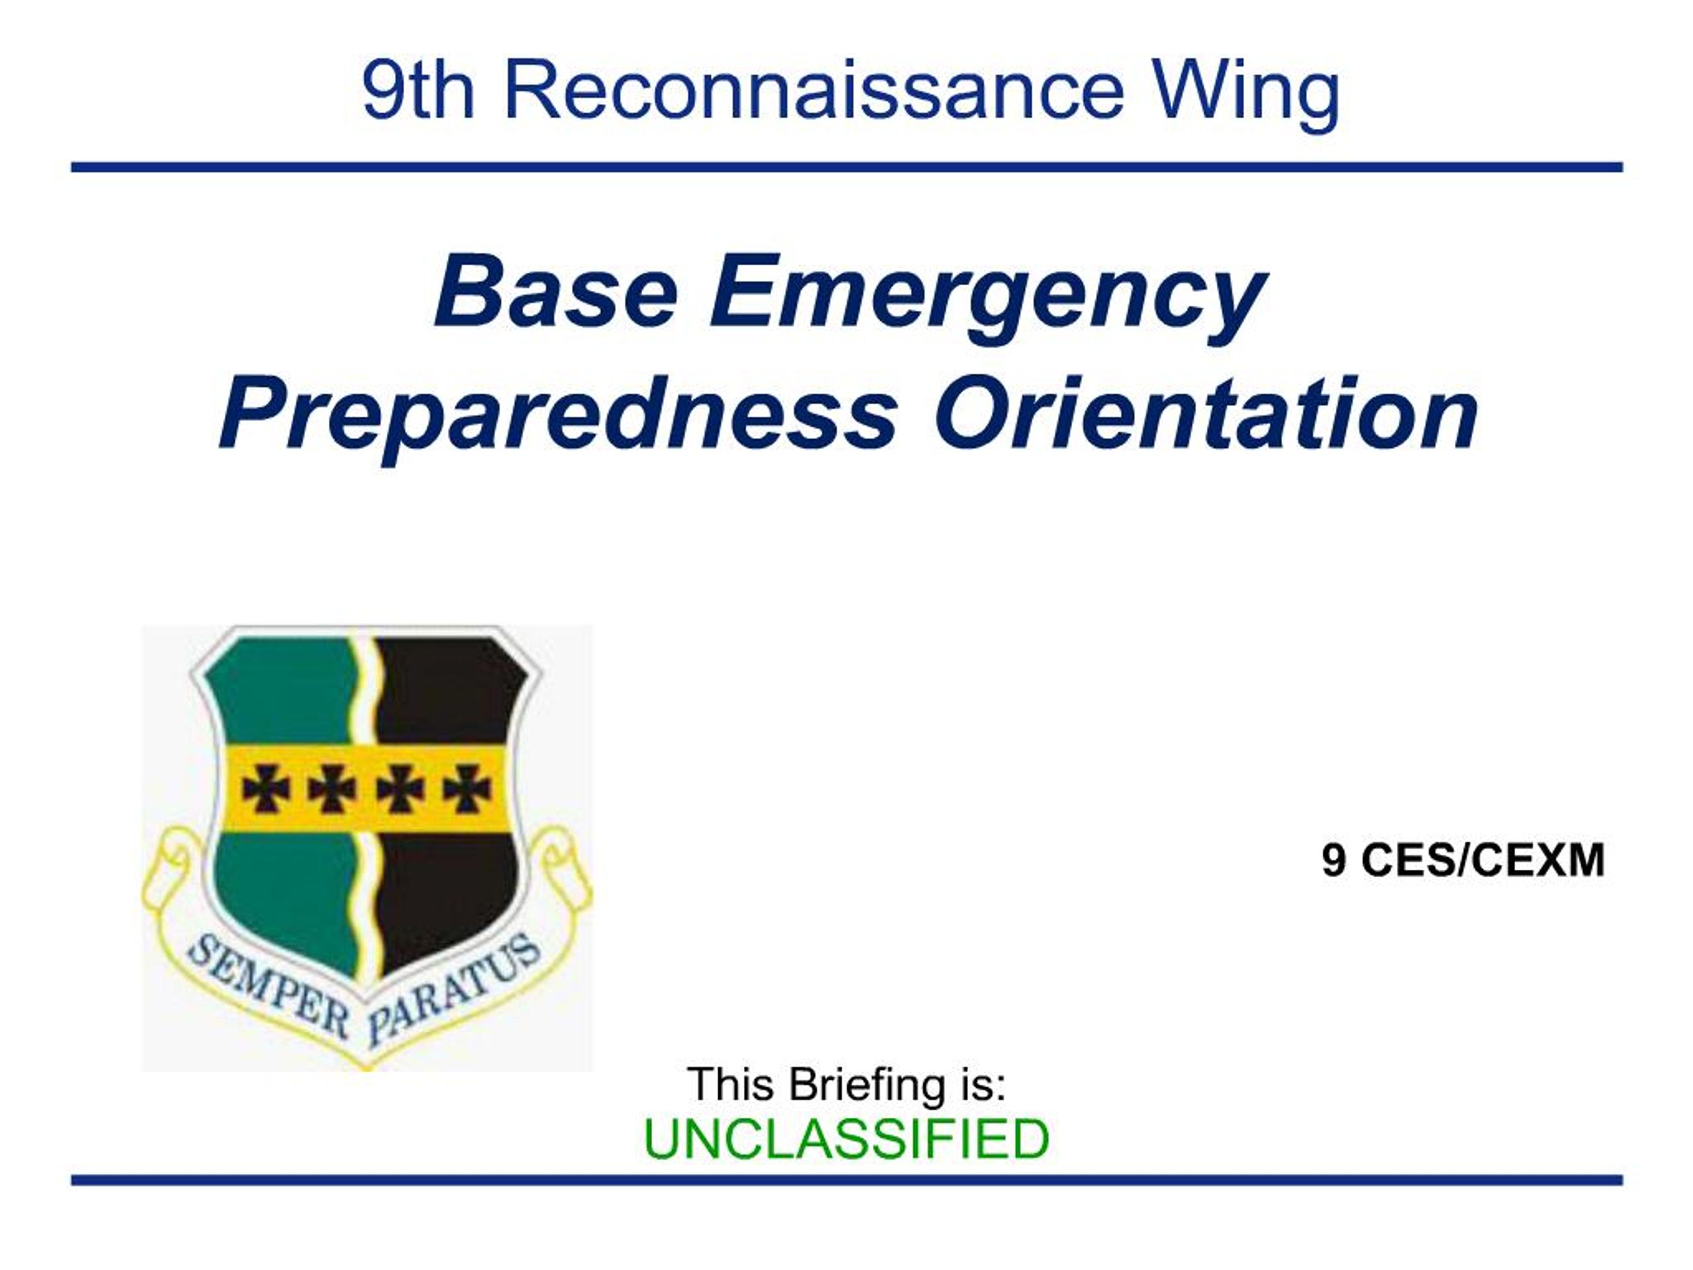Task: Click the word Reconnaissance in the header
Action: point(813,91)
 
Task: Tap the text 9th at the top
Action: point(418,91)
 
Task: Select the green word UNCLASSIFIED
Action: point(846,1139)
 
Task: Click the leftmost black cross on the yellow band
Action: point(266,788)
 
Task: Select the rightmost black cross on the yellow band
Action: point(467,788)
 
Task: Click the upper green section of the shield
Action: point(283,693)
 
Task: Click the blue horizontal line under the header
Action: point(846,167)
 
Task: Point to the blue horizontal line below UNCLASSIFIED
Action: point(846,1179)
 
